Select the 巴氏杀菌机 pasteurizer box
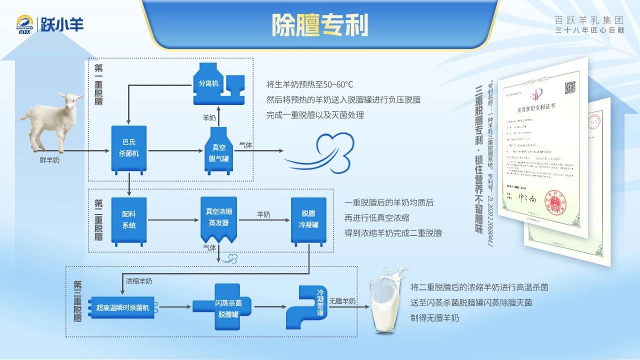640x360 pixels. click(129, 148)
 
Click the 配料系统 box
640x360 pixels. click(129, 220)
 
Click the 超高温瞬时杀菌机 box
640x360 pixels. click(123, 307)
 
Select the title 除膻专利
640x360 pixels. click(319, 24)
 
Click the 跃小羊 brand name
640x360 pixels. click(62, 23)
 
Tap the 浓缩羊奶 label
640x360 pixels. click(139, 281)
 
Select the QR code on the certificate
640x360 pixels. click(570, 88)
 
